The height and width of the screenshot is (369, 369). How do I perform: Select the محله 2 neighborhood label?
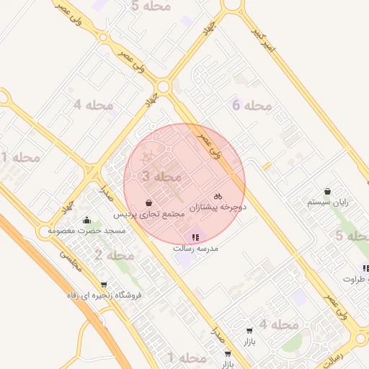(x=114, y=255)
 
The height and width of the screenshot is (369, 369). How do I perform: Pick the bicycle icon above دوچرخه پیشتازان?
(x=218, y=195)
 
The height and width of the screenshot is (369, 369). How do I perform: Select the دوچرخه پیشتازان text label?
(x=218, y=207)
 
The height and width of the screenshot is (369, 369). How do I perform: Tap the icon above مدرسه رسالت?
(x=195, y=236)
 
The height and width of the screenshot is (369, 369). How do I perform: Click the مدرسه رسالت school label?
(x=195, y=248)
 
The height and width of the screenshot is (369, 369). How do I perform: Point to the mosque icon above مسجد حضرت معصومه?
(x=87, y=219)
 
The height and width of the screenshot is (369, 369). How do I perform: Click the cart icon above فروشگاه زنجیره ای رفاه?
(x=105, y=284)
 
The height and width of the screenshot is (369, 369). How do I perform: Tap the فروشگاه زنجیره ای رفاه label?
(x=105, y=295)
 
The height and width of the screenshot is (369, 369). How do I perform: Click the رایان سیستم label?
(x=328, y=203)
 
